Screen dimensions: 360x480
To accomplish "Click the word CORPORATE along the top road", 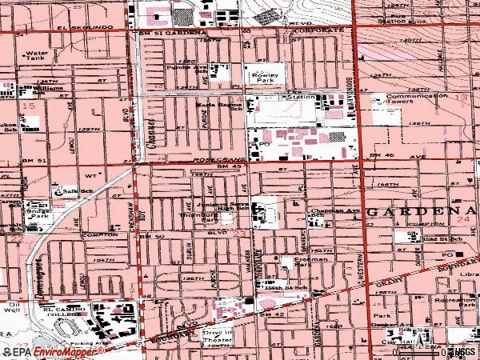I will [x=321, y=29].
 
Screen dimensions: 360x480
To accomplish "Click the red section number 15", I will [x=30, y=106].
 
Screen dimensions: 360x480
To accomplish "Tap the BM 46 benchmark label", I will [x=379, y=154].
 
